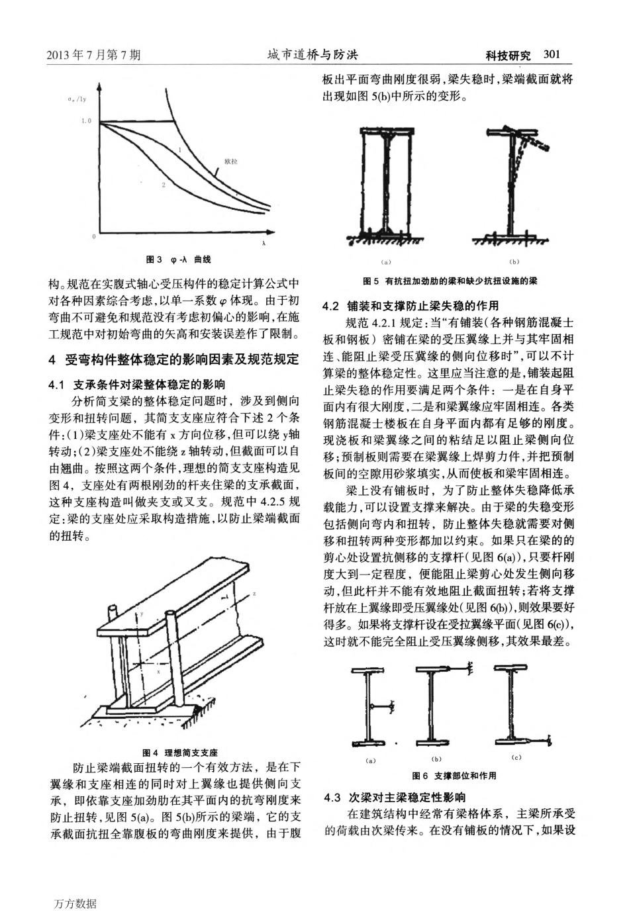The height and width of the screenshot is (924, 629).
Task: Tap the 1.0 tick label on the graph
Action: point(86,122)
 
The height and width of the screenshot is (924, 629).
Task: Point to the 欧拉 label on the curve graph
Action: point(230,160)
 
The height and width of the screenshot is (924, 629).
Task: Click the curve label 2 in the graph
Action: point(163,185)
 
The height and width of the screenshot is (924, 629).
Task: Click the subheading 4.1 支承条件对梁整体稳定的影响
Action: point(138,384)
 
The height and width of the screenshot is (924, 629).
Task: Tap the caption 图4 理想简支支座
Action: point(181,753)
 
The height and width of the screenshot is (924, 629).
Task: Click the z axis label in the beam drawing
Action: point(255,594)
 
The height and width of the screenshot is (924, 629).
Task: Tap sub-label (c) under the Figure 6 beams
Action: point(516,757)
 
